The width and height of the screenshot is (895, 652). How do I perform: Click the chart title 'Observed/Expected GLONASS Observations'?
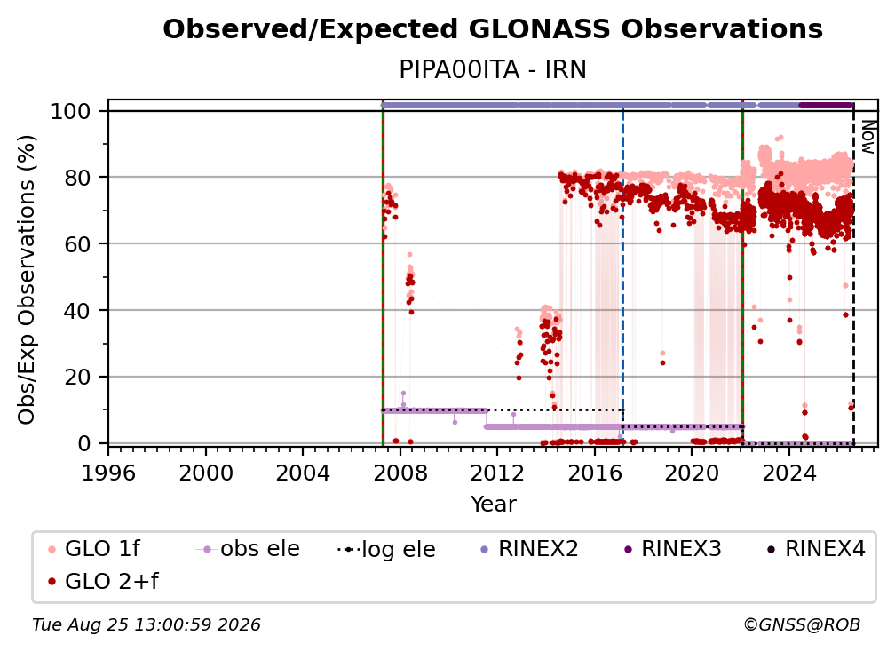[x=493, y=29]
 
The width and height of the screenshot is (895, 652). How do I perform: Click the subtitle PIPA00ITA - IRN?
[x=493, y=70]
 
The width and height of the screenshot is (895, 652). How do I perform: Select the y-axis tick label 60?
[x=77, y=244]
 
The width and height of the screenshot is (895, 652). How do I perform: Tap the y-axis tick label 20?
[x=77, y=378]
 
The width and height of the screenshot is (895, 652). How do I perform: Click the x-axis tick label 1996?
[x=108, y=473]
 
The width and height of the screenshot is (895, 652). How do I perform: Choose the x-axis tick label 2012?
[x=497, y=473]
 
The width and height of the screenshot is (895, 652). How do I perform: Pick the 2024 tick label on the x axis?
[x=788, y=473]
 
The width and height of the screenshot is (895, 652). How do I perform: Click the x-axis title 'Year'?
[x=493, y=505]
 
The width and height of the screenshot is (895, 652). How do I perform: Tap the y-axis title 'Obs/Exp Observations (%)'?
[x=27, y=280]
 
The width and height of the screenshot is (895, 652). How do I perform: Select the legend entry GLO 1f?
[x=95, y=549]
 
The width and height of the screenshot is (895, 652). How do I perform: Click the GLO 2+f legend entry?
[x=103, y=581]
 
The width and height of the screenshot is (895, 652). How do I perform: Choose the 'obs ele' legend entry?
[x=248, y=549]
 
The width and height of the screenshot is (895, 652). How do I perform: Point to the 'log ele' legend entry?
[x=386, y=549]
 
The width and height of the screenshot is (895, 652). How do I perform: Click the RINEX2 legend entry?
[x=529, y=549]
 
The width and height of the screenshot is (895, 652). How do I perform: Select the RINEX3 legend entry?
[x=672, y=549]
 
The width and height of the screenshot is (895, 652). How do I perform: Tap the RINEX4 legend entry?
[x=816, y=549]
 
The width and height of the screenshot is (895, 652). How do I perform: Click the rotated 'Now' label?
[x=867, y=137]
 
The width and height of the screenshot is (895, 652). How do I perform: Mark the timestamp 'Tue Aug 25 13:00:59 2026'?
[x=147, y=625]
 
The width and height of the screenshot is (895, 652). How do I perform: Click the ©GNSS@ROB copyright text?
[x=802, y=625]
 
